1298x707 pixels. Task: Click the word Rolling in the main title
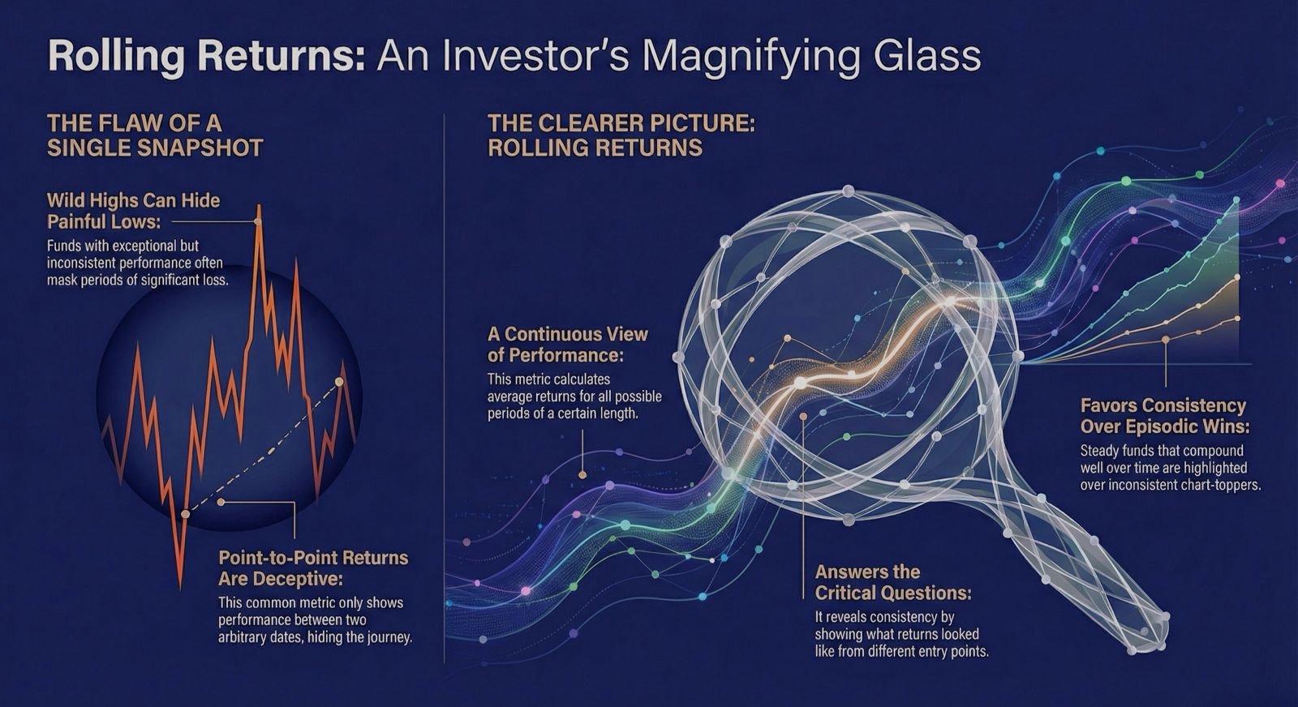tap(117, 58)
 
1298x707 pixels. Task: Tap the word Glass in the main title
tap(921, 56)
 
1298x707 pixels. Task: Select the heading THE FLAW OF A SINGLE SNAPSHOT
tap(155, 135)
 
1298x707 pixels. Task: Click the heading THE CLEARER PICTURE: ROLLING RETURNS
tap(621, 135)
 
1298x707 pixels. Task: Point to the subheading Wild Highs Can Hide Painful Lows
tap(133, 211)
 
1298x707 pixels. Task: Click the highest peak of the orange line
tap(259, 206)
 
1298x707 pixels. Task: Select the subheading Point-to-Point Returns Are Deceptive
tap(313, 568)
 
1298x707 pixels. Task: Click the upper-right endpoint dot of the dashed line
tap(340, 382)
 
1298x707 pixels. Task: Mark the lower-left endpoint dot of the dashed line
tap(185, 513)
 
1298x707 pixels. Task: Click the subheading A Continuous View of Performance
tap(568, 344)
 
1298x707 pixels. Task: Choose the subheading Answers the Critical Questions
tap(893, 582)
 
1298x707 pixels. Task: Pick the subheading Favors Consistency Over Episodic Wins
tap(1165, 416)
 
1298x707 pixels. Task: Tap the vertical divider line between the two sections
tap(444, 388)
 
